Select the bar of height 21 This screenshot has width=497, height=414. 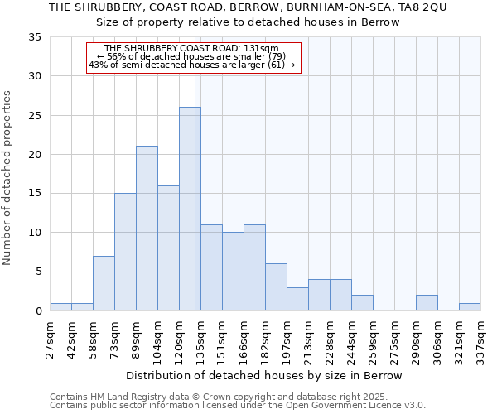[x=147, y=229]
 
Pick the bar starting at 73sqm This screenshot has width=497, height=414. [x=125, y=252]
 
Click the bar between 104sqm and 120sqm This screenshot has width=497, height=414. [x=168, y=248]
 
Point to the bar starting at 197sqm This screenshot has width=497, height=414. [x=297, y=299]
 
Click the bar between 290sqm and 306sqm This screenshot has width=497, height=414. [x=427, y=303]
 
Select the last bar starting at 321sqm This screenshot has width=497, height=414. [x=470, y=307]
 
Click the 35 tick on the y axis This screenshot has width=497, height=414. [x=35, y=37]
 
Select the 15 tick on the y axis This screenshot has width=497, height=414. [x=35, y=194]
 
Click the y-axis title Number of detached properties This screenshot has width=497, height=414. [x=9, y=178]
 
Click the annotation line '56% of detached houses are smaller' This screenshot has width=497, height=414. [x=191, y=56]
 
